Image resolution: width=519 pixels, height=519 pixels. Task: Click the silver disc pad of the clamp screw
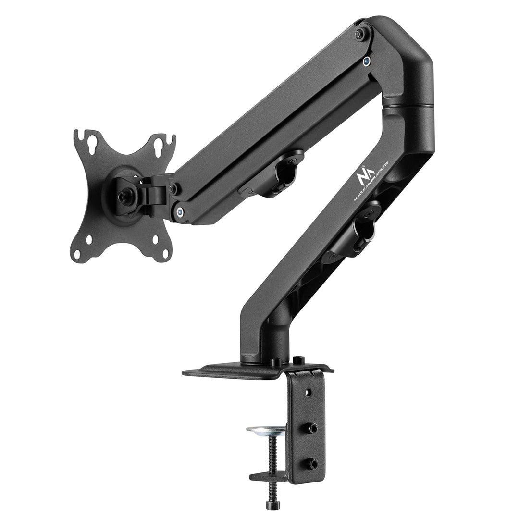point(266,429)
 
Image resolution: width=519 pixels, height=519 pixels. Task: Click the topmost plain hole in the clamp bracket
point(308,393)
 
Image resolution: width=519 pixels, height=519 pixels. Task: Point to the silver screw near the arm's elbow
point(367,61)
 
